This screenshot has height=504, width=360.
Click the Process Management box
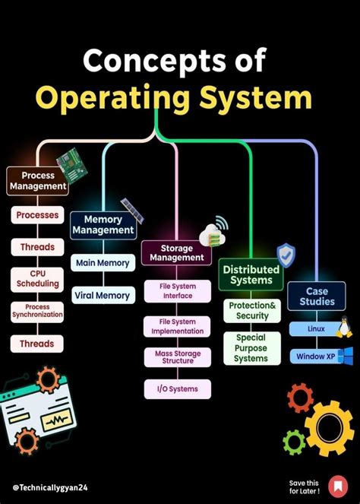pyautogui.click(x=37, y=180)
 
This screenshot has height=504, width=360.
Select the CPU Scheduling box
pyautogui.click(x=37, y=278)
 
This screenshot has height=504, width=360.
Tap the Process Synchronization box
pyautogui.click(x=37, y=311)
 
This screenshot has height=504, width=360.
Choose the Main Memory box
pyautogui.click(x=103, y=263)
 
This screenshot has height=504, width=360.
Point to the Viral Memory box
pyautogui.click(x=103, y=295)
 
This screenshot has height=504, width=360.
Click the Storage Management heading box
pyautogui.click(x=175, y=252)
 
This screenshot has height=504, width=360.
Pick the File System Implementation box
pyautogui.click(x=177, y=326)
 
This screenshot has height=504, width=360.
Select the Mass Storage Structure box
pyautogui.click(x=177, y=357)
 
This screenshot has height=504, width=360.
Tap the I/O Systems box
pyautogui.click(x=177, y=389)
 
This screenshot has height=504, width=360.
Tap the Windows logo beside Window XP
pyautogui.click(x=346, y=356)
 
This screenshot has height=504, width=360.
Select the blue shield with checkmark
pyautogui.click(x=286, y=255)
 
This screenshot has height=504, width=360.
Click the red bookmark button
pyautogui.click(x=336, y=485)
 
